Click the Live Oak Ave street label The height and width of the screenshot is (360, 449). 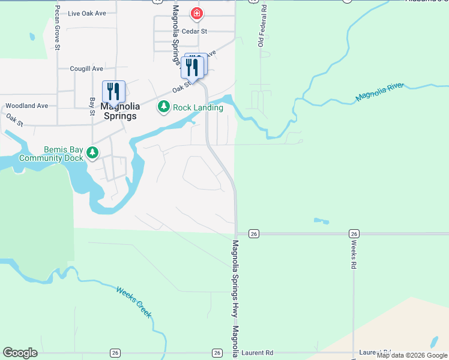pyautogui.click(x=87, y=13)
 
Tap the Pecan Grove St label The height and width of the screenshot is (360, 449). pyautogui.click(x=58, y=29)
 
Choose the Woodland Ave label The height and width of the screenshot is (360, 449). pyautogui.click(x=26, y=106)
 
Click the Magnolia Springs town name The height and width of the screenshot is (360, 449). pyautogui.click(x=120, y=111)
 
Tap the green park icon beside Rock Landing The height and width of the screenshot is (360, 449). pyautogui.click(x=163, y=107)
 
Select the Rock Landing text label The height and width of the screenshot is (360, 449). pyautogui.click(x=198, y=107)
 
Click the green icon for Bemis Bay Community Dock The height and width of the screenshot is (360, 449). pyautogui.click(x=92, y=153)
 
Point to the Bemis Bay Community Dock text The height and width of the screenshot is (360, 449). pyautogui.click(x=50, y=154)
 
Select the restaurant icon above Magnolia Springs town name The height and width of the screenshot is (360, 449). pyautogui.click(x=113, y=92)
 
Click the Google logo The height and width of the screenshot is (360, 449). pyautogui.click(x=20, y=353)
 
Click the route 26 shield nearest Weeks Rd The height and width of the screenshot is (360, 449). pyautogui.click(x=354, y=233)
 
